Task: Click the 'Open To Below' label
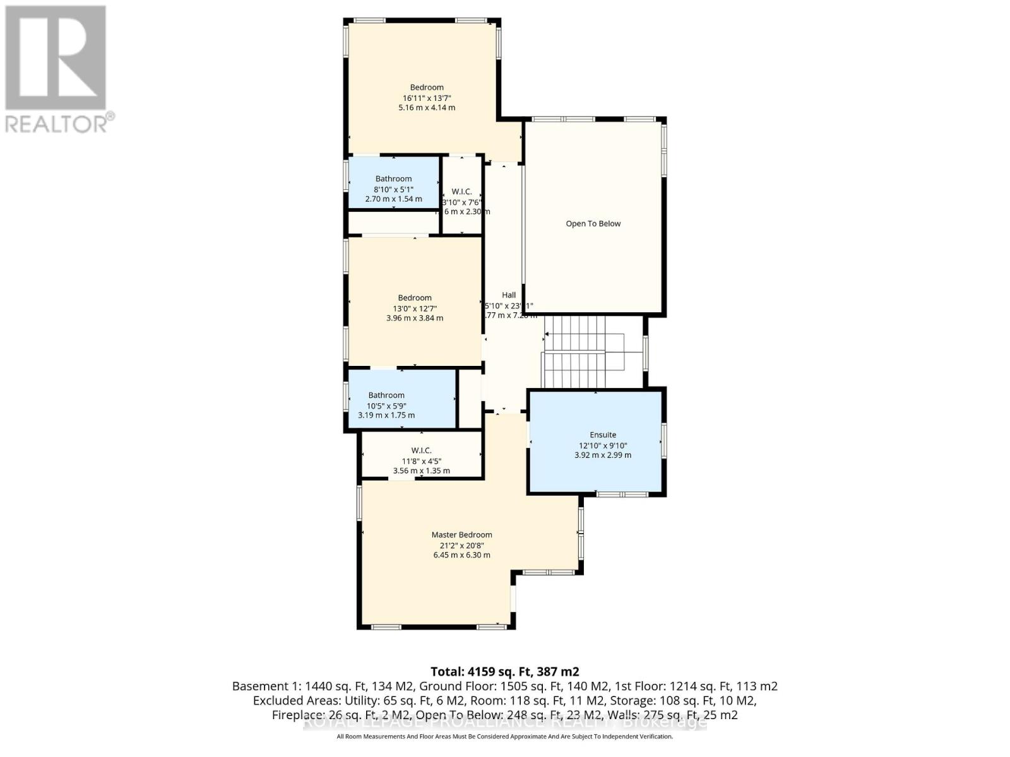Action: coord(593,223)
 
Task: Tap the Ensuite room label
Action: coord(603,435)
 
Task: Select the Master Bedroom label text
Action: coord(461,534)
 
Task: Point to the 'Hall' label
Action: coord(509,295)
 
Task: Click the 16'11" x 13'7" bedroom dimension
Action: coord(427,98)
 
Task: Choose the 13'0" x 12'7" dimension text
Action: coord(415,308)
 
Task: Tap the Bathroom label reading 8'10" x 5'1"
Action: coord(393,179)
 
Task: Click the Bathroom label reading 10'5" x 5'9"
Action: coord(386,395)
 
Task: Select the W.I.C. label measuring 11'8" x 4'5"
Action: coord(421,450)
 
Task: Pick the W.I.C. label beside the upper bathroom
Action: coord(461,191)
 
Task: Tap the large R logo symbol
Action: coord(56,58)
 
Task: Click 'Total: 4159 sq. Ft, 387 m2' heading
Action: coord(504,671)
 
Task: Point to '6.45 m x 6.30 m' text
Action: coord(461,555)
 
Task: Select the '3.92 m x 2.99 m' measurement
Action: coord(603,455)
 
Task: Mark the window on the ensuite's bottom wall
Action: coord(619,494)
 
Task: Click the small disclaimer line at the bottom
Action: coord(504,736)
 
